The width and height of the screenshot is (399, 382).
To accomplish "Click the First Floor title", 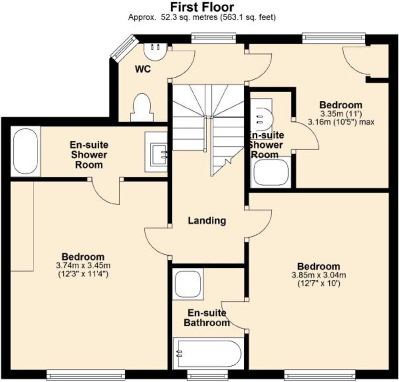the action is [x=202, y=7].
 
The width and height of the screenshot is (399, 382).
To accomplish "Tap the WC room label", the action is [x=143, y=69].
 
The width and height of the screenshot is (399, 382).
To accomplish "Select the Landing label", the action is [x=207, y=221].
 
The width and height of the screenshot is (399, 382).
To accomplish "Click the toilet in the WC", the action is [x=142, y=107].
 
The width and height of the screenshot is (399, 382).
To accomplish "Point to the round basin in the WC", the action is [x=155, y=52].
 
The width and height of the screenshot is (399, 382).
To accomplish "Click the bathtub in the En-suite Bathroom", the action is [x=208, y=353].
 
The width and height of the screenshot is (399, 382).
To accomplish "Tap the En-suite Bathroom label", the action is [x=207, y=318].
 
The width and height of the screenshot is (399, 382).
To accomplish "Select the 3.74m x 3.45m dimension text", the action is [x=83, y=265].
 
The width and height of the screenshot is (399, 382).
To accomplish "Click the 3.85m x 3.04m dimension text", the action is [x=319, y=275].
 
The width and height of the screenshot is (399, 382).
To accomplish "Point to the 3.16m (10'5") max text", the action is [x=341, y=122].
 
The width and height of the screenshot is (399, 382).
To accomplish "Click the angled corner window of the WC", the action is [x=125, y=48].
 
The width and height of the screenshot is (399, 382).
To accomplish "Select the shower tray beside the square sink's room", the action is [x=25, y=151].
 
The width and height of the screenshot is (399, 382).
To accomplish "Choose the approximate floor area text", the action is [x=202, y=17].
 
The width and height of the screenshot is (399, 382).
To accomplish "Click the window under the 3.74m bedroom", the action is [x=86, y=375].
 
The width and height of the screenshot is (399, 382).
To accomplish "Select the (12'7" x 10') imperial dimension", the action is [x=319, y=284].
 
